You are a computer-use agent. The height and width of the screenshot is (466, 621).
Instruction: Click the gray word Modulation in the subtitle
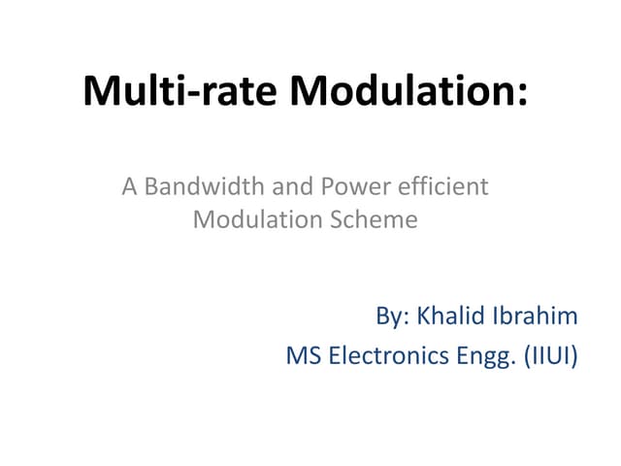click(250, 219)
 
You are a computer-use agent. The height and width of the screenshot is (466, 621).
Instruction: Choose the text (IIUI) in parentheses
click(549, 356)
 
